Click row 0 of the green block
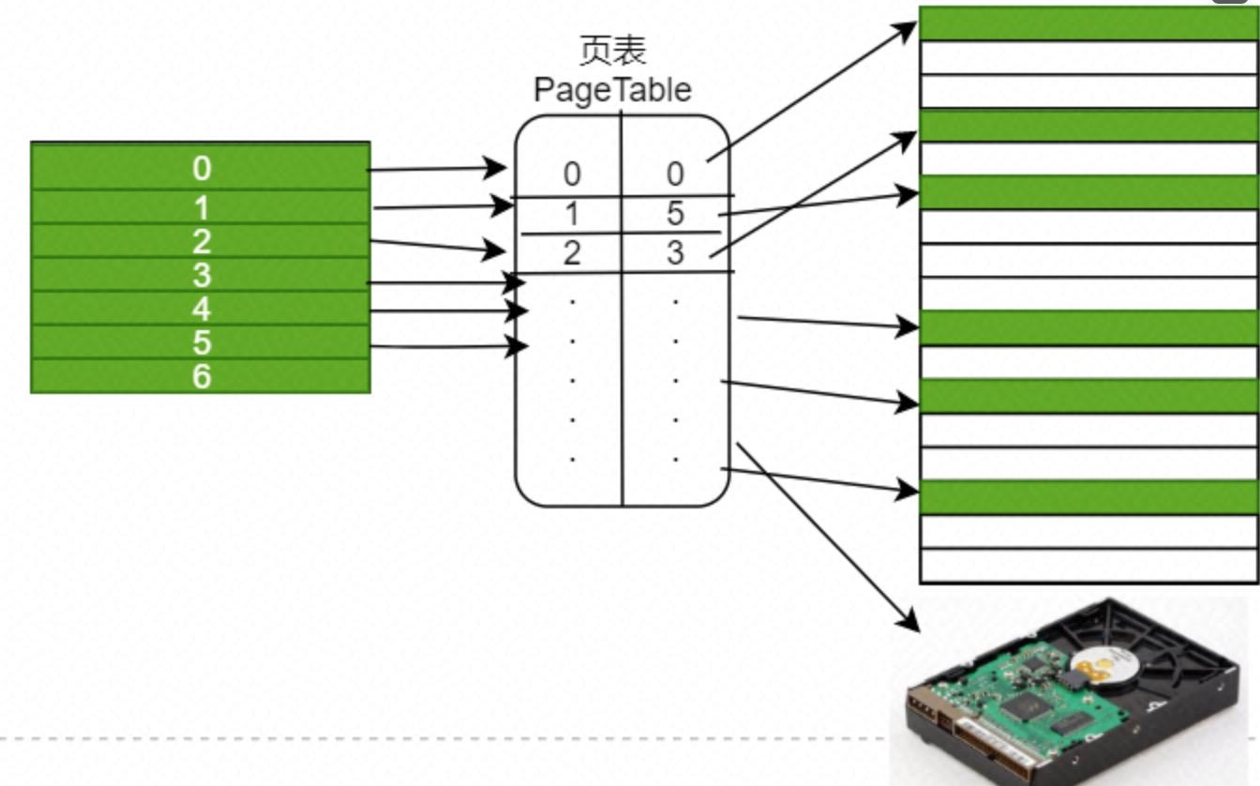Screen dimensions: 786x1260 [x=201, y=168]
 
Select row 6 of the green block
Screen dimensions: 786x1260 [x=201, y=376]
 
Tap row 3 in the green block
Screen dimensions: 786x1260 [x=201, y=275]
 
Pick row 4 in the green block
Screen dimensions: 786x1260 [x=201, y=309]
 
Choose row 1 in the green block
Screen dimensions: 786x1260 [x=201, y=206]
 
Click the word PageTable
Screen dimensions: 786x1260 [x=612, y=89]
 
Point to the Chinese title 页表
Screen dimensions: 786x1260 [x=613, y=51]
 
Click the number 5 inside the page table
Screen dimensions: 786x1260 [x=675, y=214]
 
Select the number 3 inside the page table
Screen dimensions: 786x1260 [x=675, y=253]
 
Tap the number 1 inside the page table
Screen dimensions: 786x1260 [x=571, y=214]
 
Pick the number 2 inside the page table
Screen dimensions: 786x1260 [x=571, y=253]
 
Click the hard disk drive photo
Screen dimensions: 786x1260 [x=1069, y=689]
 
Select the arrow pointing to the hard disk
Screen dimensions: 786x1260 [x=825, y=535]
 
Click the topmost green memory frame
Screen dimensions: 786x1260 [x=1088, y=23]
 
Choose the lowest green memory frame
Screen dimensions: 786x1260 [x=1088, y=497]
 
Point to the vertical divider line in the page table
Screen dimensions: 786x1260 [x=622, y=375]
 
